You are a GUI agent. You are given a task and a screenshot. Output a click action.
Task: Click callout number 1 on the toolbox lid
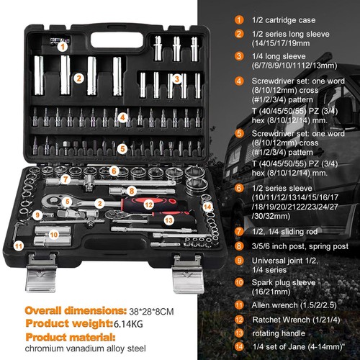point(64,46)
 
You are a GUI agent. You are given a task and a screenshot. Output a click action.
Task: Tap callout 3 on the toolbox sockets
point(176,78)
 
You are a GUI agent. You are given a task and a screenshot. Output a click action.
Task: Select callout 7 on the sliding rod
point(65,179)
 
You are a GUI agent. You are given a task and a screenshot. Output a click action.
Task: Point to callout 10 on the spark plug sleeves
point(53,234)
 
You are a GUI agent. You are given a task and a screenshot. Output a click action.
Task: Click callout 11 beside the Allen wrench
point(19,245)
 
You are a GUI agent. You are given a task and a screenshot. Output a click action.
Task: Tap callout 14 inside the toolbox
point(208,207)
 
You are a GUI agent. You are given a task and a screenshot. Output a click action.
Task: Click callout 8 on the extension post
point(132,190)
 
